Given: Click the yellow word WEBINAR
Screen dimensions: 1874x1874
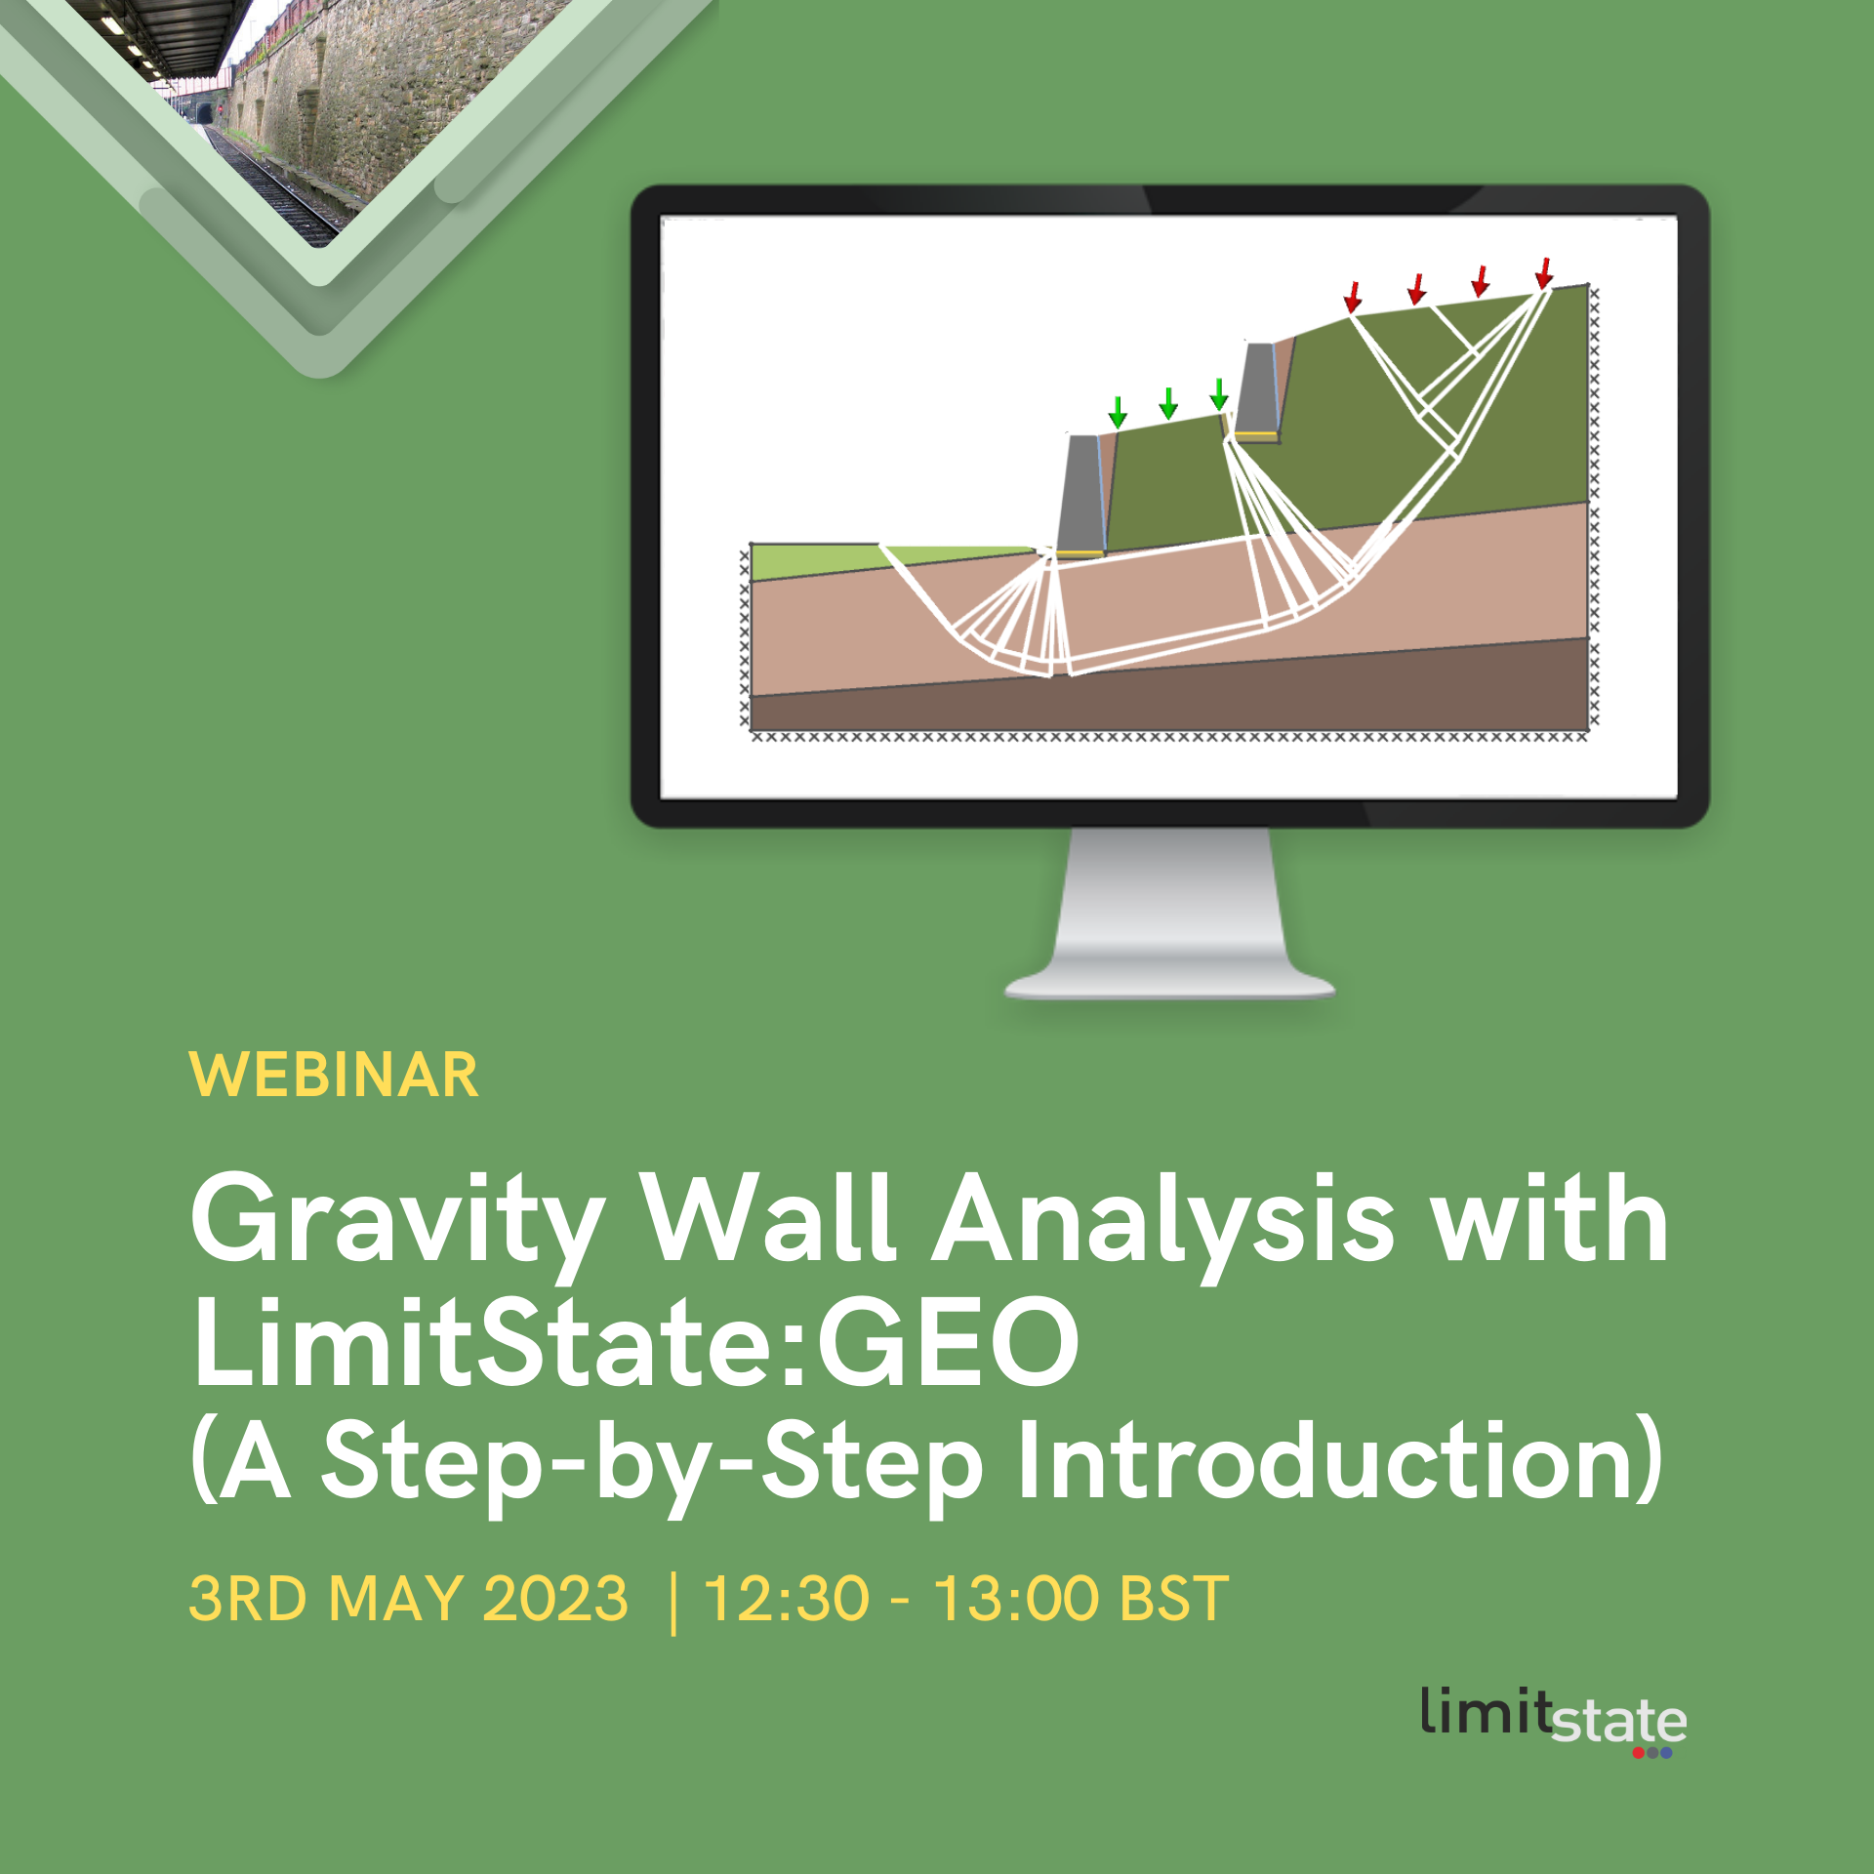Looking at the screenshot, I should coord(334,1076).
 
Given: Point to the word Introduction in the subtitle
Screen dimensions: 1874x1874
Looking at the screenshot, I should coord(1338,1461).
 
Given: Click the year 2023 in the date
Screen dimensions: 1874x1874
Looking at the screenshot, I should coord(555,1599).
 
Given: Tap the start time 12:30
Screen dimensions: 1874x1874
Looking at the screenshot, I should coord(786,1599).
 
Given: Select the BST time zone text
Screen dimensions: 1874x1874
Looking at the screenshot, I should coord(1174,1599).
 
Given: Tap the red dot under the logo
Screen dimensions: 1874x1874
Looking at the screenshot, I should coord(1639,1753).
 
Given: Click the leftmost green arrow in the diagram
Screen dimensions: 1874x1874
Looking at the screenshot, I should coord(1118,412).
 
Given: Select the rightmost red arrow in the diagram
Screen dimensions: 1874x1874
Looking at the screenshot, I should coord(1543,272).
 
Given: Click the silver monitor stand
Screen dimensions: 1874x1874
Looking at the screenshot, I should coord(1169,917).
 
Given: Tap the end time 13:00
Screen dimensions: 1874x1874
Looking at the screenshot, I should coord(1016,1599).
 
